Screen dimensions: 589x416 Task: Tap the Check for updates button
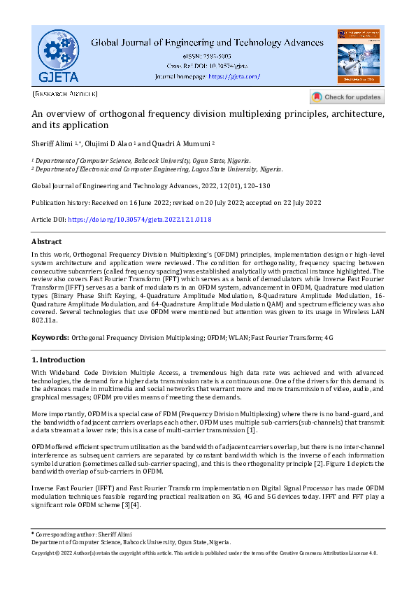point(347,97)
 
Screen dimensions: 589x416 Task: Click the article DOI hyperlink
point(139,219)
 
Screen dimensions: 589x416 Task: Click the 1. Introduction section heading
point(59,360)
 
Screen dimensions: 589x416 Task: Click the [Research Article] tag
point(65,94)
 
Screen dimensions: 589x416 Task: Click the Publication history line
point(176,202)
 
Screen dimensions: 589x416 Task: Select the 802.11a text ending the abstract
point(45,319)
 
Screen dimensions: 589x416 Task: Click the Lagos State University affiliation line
point(157,169)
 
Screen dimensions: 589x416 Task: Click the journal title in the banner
point(207,42)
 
